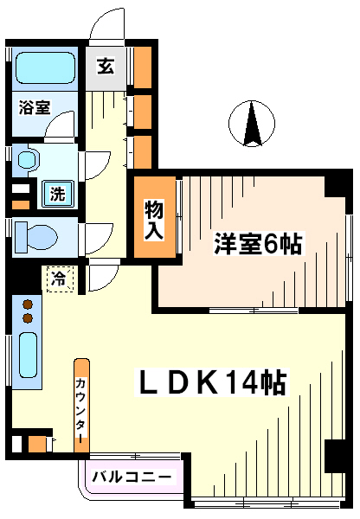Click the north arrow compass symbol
252,123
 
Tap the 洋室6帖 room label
258,244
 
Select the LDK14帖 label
212,382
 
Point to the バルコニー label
132,477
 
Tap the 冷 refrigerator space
60,279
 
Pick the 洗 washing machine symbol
57,194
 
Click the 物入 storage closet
155,217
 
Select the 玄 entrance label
106,66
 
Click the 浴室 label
34,107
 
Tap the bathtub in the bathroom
45,67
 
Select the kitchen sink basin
28,355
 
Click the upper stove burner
28,304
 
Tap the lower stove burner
28,318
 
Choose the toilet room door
97,239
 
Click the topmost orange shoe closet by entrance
143,67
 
